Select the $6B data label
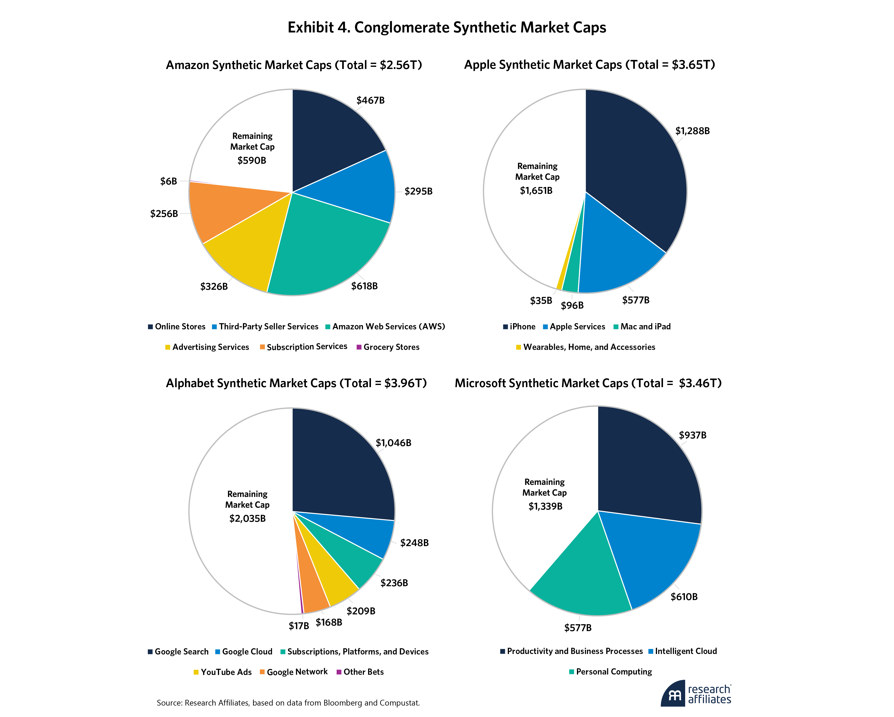coord(169,181)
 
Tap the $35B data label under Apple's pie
coord(541,301)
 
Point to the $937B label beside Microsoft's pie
coord(693,435)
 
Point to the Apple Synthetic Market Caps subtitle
coord(589,65)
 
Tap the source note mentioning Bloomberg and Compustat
coord(288,703)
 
